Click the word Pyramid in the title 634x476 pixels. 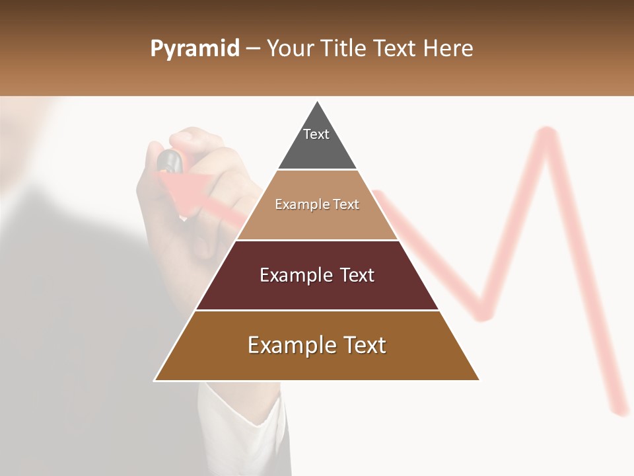click(x=194, y=49)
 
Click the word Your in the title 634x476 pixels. click(x=290, y=49)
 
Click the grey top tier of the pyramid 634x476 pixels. click(x=317, y=149)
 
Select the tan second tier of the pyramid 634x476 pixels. click(x=317, y=218)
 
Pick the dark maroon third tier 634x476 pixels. click(x=317, y=291)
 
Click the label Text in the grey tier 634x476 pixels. click(x=316, y=134)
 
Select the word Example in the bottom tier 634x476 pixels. click(x=291, y=345)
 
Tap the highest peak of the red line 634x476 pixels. click(x=546, y=132)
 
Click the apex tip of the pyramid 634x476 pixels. click(x=317, y=103)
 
